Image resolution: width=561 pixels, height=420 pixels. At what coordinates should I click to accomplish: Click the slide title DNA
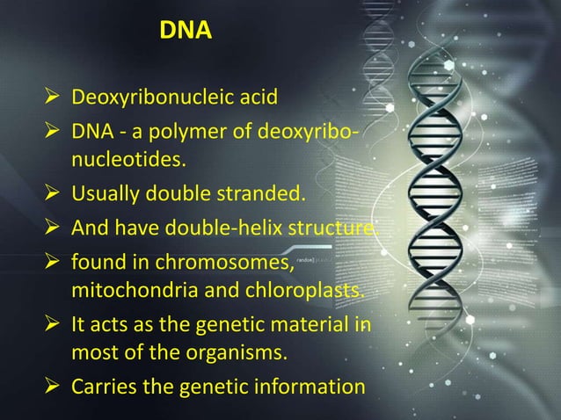point(186,33)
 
